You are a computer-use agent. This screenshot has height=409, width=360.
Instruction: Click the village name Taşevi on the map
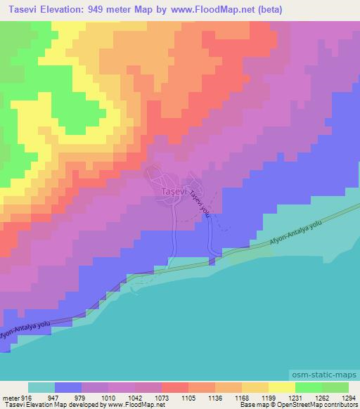172,191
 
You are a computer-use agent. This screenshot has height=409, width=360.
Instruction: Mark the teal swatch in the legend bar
41,387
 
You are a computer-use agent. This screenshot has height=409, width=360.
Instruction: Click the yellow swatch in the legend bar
282,387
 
